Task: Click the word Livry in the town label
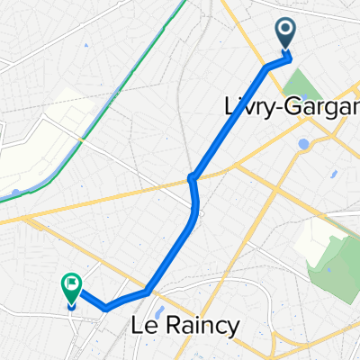pos(247,106)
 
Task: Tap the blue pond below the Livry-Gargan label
pos(303,143)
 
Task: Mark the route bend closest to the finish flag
pos(106,307)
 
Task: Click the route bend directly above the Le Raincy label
pos(147,292)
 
